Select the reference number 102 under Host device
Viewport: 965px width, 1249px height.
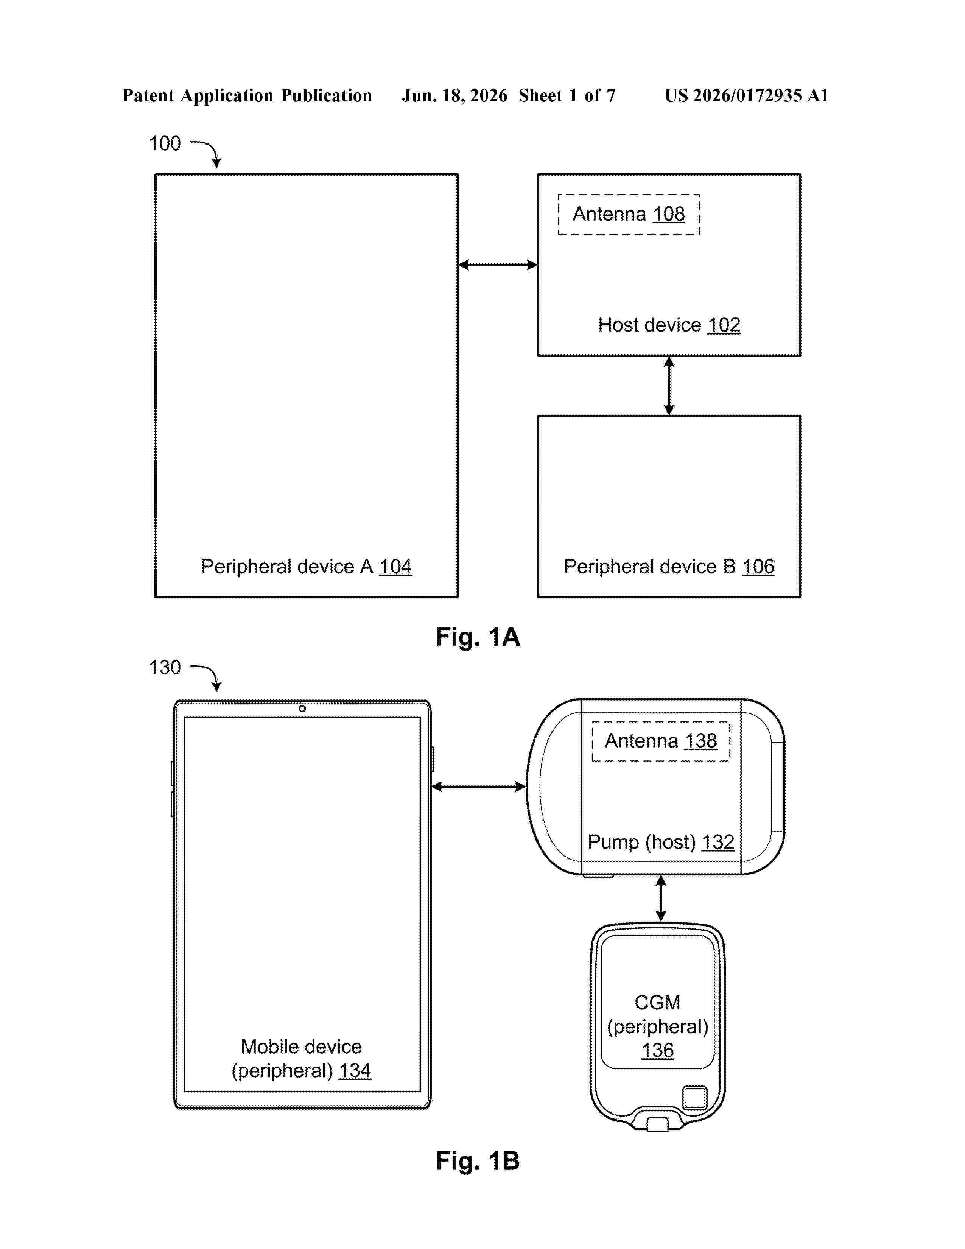724,325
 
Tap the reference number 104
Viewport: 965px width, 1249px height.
395,566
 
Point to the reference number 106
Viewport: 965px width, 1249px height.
758,566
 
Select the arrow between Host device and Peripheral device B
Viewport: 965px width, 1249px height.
669,385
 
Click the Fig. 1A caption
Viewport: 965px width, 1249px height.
478,637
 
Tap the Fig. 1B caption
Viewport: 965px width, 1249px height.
478,1160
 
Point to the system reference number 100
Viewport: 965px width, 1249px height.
165,143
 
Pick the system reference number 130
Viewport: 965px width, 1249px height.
165,667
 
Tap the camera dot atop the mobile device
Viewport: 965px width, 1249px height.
302,709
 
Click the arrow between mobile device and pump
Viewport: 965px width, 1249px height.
478,787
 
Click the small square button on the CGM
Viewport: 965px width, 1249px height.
694,1098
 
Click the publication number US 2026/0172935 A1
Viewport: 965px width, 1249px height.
747,95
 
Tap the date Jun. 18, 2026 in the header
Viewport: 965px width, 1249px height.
454,95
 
